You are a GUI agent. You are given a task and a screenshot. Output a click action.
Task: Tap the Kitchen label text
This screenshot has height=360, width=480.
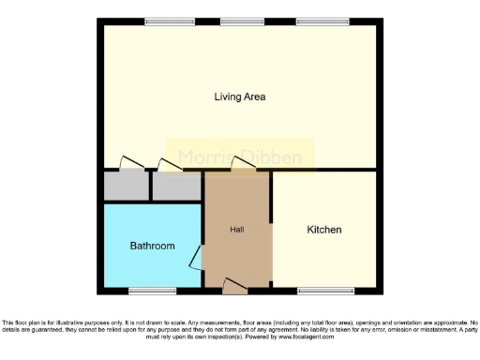(324, 230)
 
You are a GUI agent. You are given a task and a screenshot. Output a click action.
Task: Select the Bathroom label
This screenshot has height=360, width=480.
(152, 246)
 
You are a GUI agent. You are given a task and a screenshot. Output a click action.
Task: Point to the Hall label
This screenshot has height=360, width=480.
(237, 230)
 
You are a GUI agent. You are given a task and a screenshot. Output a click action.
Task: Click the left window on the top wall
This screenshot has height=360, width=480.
(163, 21)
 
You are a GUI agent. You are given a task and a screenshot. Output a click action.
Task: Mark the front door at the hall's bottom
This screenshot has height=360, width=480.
(235, 287)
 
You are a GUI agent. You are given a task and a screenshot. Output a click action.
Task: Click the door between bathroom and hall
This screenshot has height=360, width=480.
(197, 256)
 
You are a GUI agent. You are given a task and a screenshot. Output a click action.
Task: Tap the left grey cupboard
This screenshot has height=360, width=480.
(125, 186)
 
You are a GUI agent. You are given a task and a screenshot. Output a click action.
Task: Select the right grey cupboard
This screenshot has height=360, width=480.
(176, 186)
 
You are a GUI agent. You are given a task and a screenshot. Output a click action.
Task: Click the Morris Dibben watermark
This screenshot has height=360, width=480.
(240, 157)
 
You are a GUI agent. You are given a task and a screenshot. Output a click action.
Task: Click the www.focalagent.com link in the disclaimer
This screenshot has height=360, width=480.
(310, 336)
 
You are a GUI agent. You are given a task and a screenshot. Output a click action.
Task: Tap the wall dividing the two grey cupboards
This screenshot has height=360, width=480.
(150, 186)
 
